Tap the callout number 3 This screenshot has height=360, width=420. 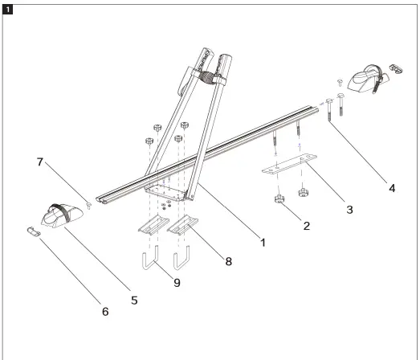point(349,210)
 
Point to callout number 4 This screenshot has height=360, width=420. point(392,190)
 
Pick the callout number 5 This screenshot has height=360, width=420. point(134,300)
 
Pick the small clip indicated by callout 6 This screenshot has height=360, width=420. point(32,233)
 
